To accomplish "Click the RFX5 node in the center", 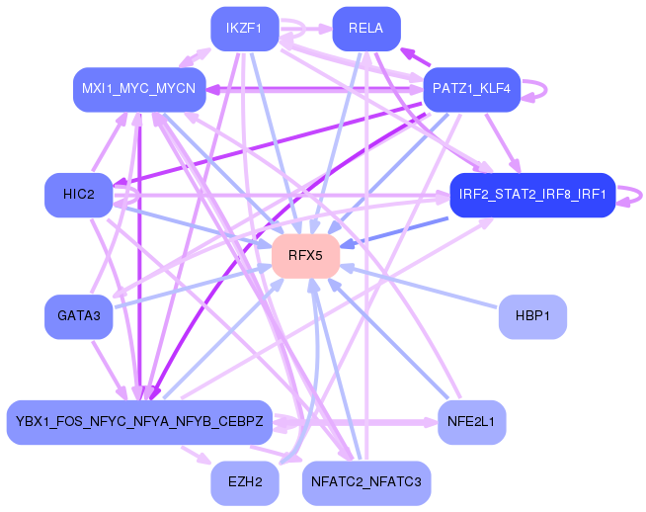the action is pos(305,256).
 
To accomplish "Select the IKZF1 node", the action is pos(245,29).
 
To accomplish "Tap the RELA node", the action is pos(366,29).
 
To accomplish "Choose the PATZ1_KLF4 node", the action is pos(472,89).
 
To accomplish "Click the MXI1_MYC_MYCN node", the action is pos(139,89).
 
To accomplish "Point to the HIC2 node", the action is pos(79,195).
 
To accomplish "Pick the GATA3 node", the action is pos(79,316).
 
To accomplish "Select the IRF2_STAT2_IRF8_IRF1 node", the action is pos(532,195).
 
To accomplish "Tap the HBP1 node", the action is pos(532,316).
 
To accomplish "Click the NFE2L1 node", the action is pos(472,422).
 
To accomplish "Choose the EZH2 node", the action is pos(245,482).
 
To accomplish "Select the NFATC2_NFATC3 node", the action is pos(366,482).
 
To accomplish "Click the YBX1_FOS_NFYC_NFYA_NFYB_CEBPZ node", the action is pos(139,422).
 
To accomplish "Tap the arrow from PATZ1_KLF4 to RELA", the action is pos(415,57).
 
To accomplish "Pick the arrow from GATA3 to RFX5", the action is pos(193,287).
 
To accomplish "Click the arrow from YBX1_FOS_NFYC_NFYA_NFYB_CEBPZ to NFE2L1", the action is pos(355,422).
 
